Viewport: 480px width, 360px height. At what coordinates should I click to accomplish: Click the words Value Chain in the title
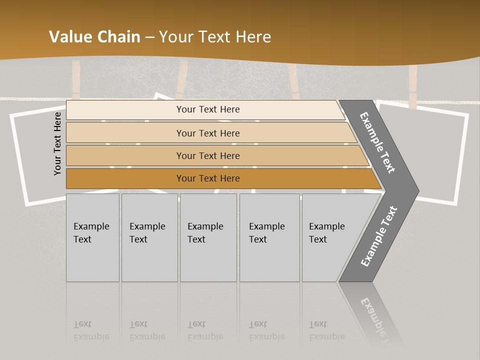(94, 37)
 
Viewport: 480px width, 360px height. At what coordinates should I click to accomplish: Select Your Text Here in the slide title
(215, 37)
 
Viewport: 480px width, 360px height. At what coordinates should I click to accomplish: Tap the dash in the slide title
(149, 37)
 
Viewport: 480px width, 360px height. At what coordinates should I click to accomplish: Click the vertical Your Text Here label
(57, 143)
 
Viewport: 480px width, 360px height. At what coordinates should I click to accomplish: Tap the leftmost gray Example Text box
(92, 237)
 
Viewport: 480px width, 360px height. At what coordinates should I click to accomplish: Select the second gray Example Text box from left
(149, 237)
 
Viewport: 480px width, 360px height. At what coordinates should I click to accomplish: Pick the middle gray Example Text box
(208, 237)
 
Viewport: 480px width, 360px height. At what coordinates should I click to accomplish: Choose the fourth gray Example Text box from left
(269, 237)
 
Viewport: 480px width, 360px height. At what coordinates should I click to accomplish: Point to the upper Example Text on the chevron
(377, 142)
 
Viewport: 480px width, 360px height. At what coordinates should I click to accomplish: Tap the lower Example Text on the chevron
(378, 236)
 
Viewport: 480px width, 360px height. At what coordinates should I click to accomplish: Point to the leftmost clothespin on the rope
(76, 80)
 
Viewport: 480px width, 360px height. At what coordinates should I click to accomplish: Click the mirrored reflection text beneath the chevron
(375, 315)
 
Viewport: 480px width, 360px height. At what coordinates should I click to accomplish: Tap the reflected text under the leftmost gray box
(91, 330)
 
